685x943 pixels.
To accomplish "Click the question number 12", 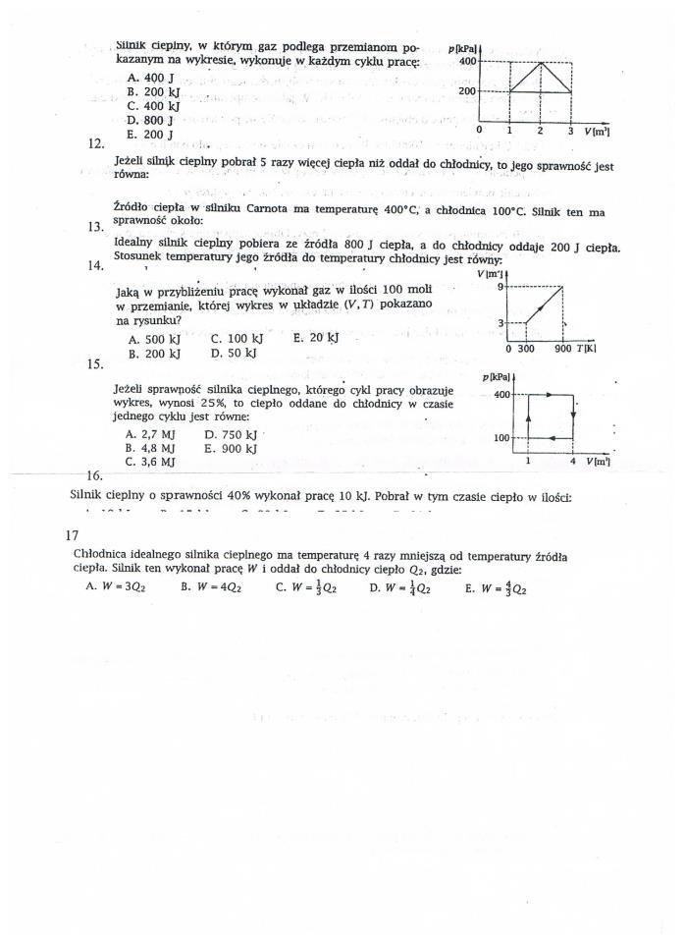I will (x=96, y=143).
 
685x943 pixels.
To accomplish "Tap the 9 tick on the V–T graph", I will (x=500, y=287).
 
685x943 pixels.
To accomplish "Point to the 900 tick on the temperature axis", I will (x=561, y=348).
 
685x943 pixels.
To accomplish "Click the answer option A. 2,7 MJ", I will (x=150, y=433).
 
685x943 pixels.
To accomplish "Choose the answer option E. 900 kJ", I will (x=231, y=448).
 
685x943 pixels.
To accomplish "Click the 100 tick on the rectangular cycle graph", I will (x=501, y=438).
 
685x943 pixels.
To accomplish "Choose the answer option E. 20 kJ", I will (x=316, y=338).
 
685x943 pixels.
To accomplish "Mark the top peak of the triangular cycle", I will (x=540, y=62).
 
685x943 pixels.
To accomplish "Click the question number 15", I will (x=96, y=363).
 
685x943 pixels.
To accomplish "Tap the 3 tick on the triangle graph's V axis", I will (x=570, y=130).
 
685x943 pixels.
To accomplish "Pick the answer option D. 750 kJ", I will (x=232, y=433).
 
